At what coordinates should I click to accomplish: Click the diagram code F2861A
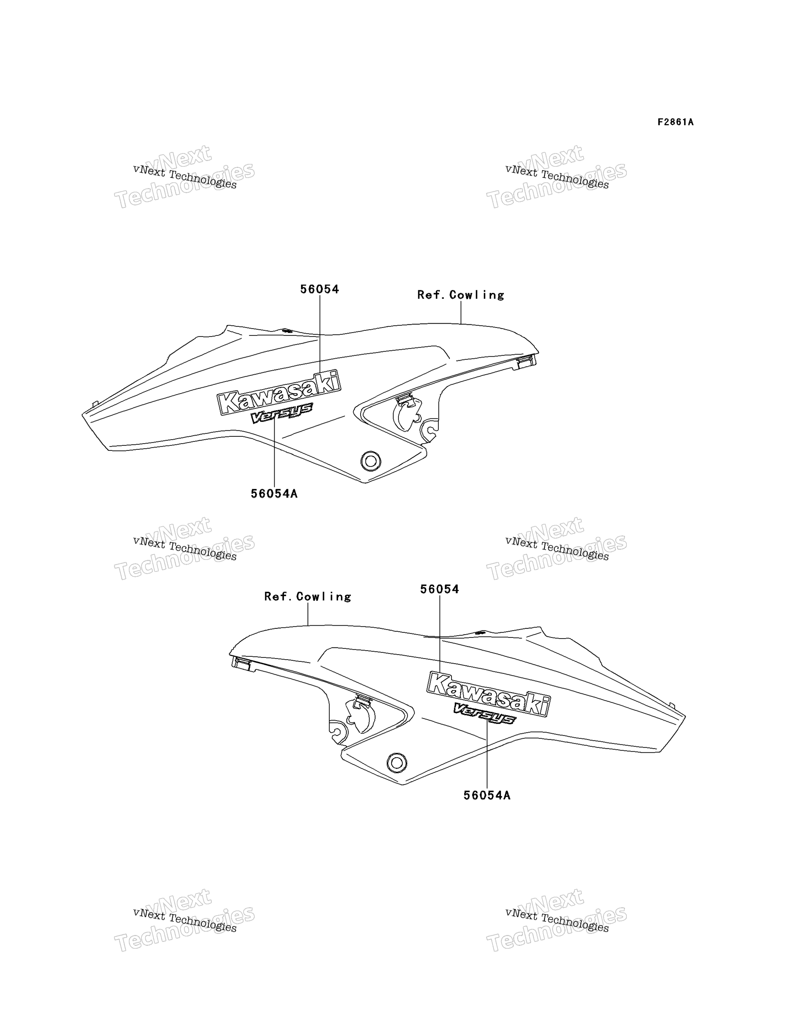(676, 122)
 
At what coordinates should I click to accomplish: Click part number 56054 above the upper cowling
(320, 289)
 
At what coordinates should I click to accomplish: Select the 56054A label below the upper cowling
(274, 494)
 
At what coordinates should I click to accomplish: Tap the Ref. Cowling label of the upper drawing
(460, 295)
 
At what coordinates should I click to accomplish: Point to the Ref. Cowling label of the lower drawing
(307, 596)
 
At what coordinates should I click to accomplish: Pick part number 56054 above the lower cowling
(439, 589)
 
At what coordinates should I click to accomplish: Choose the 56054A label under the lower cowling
(487, 795)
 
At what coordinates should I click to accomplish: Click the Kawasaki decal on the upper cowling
(279, 392)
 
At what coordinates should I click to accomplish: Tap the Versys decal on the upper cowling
(281, 413)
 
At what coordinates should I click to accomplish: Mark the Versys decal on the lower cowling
(485, 714)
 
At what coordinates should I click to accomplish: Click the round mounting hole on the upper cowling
(371, 461)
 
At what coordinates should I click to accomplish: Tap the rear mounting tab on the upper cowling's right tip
(526, 362)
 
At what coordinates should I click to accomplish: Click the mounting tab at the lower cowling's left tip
(241, 663)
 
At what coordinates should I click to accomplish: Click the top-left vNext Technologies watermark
(184, 177)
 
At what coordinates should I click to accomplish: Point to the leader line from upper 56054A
(274, 451)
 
